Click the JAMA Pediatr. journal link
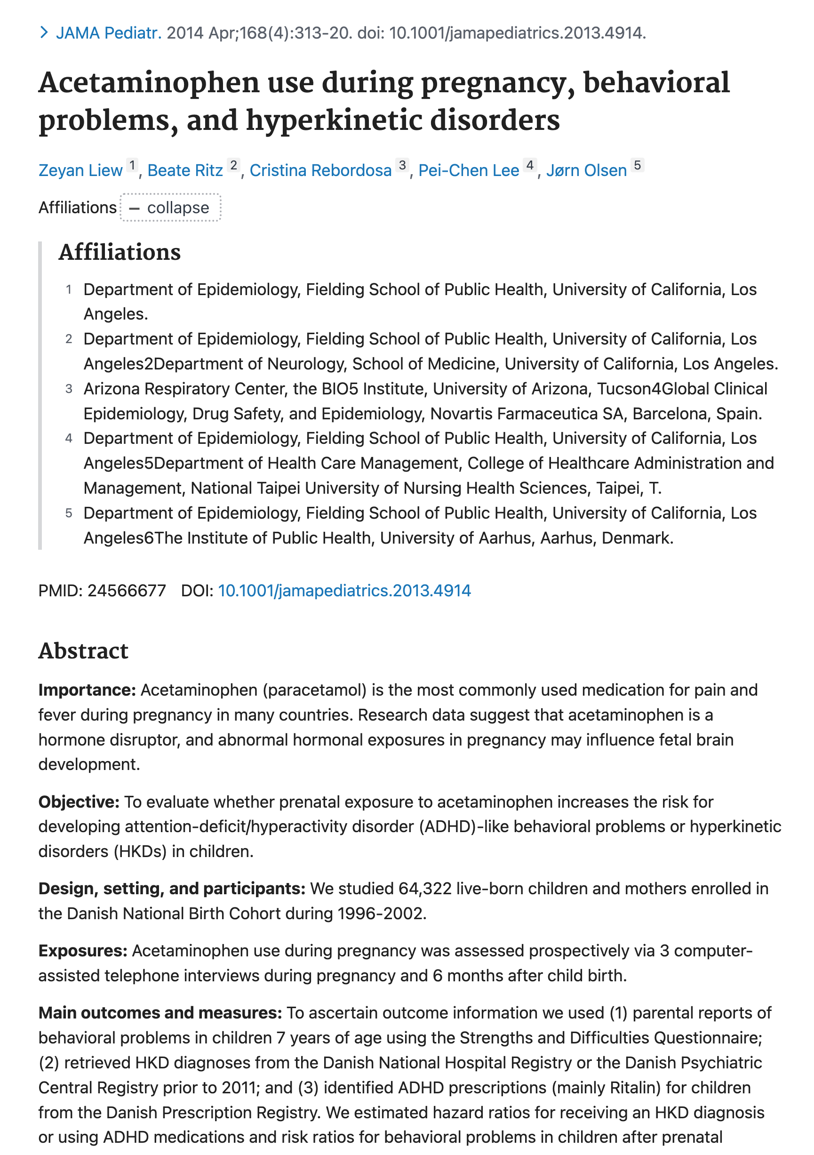(x=108, y=33)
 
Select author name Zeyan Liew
(x=80, y=170)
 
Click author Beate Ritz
(x=184, y=170)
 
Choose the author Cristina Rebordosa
(x=320, y=170)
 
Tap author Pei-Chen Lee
(x=469, y=170)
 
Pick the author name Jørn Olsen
(x=586, y=170)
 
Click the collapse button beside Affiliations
(x=170, y=208)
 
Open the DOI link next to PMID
(x=344, y=591)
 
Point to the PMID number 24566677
(x=126, y=591)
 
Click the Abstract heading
(x=83, y=651)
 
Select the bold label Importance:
(x=87, y=690)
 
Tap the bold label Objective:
(x=79, y=802)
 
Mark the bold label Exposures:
(x=83, y=951)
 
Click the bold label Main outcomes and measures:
(x=160, y=1013)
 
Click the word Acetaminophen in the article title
(x=149, y=83)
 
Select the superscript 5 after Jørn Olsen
(x=637, y=165)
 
